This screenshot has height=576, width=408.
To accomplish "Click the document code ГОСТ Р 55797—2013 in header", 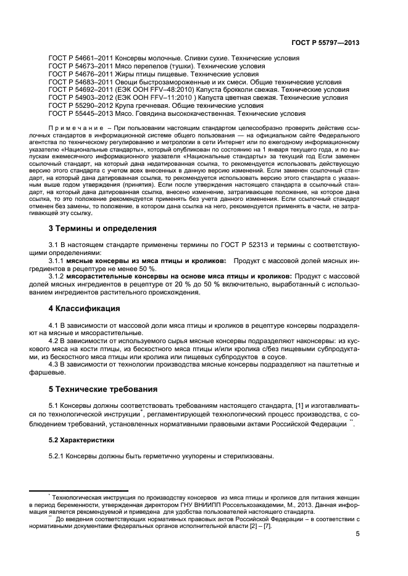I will [325, 43].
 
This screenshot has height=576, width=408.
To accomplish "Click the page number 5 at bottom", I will [357, 535].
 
